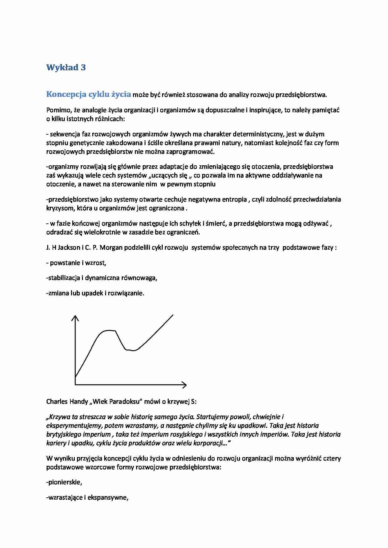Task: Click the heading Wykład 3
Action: (66, 67)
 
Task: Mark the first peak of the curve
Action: (108, 330)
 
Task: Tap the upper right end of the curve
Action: (173, 315)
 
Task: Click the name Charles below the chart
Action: (57, 401)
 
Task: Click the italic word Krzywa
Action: (59, 417)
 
